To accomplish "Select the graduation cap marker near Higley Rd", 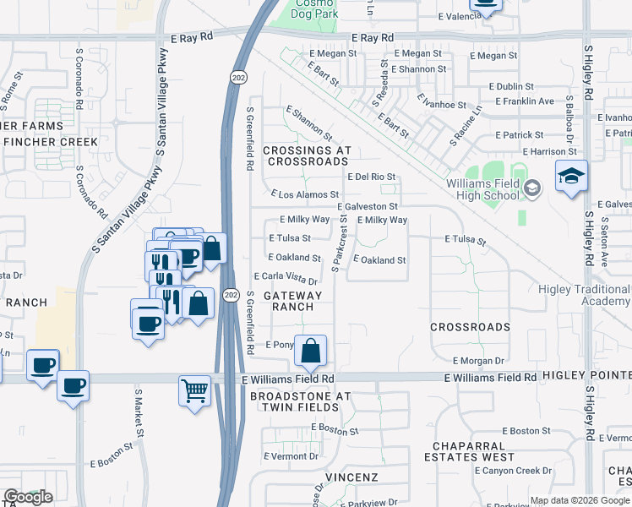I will pyautogui.click(x=571, y=177).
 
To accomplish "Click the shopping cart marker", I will pyautogui.click(x=194, y=391).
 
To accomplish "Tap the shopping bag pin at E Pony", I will pyautogui.click(x=311, y=351).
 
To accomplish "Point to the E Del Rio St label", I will pyautogui.click(x=372, y=177).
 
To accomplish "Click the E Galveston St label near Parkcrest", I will pyautogui.click(x=368, y=206).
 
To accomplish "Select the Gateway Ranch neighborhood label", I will pyautogui.click(x=293, y=301).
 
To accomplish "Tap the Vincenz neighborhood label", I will pyautogui.click(x=350, y=477).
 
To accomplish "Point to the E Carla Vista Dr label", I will pyautogui.click(x=286, y=279).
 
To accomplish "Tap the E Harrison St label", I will pyautogui.click(x=549, y=152).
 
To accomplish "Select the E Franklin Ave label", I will pyautogui.click(x=524, y=101).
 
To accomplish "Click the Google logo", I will pyautogui.click(x=28, y=497).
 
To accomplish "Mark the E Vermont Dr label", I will pyautogui.click(x=291, y=456).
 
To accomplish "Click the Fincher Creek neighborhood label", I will pyautogui.click(x=51, y=141).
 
